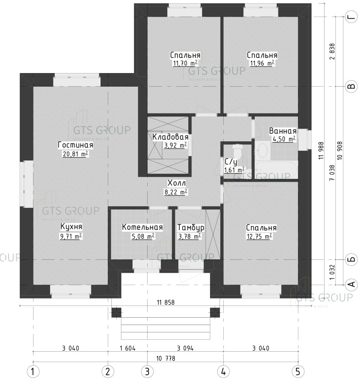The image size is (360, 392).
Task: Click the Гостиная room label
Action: [76, 145]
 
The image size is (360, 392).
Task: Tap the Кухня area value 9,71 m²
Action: [71, 236]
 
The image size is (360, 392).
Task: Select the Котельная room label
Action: [142, 227]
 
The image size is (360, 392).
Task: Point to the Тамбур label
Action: [191, 227]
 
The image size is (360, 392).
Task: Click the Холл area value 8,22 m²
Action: [176, 192]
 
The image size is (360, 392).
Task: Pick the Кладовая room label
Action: [170, 137]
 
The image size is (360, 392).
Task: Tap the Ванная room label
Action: [282, 131]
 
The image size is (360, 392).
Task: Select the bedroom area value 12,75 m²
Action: [260, 236]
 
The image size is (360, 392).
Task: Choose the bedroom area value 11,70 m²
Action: [185, 63]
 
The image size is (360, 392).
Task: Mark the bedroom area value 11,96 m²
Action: [262, 63]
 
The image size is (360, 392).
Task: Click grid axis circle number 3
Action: [147, 372]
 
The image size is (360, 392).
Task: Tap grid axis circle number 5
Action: [298, 372]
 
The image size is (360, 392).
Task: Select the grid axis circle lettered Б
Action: [351, 260]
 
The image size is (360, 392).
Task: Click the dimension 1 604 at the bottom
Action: [128, 348]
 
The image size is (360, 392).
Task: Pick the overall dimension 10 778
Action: [166, 358]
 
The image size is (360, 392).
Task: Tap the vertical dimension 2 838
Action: [332, 52]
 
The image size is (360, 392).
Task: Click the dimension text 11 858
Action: [166, 303]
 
